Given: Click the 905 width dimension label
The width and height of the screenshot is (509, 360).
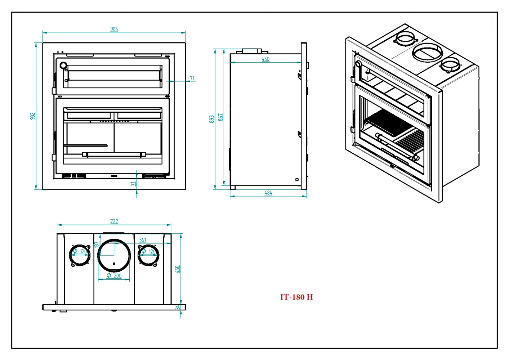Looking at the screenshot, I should click(114, 29).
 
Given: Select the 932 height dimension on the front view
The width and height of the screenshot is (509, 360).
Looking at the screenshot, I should click(33, 116).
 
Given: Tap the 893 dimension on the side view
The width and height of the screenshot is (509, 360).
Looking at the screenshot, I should click(212, 119).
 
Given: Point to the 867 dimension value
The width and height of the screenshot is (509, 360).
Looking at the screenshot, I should click(220, 117).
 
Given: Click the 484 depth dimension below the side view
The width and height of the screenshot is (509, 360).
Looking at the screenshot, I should click(268, 193).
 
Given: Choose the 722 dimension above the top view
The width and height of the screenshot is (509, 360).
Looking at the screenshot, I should click(114, 221).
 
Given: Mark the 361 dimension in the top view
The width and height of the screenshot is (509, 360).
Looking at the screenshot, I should click(143, 240).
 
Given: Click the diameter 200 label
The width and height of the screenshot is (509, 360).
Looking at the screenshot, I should click(115, 276).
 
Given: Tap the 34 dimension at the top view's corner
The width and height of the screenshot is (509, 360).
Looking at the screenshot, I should click(178, 307).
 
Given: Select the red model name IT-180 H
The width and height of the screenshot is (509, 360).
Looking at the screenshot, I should click(296, 297).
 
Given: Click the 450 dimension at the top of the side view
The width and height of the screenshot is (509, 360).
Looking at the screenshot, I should click(265, 59).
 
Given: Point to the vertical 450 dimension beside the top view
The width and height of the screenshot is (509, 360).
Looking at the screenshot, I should click(177, 269).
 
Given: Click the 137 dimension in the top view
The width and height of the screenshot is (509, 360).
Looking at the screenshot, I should click(97, 244).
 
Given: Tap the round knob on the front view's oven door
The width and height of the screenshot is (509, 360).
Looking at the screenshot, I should click(63, 66).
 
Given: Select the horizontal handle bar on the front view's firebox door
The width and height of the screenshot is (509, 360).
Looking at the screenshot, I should click(114, 154).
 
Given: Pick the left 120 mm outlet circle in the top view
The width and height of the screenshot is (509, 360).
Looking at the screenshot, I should click(80, 255).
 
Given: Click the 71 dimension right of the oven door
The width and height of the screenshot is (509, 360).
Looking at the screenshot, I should click(192, 78).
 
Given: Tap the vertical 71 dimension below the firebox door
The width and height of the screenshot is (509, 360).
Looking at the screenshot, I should click(134, 184).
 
